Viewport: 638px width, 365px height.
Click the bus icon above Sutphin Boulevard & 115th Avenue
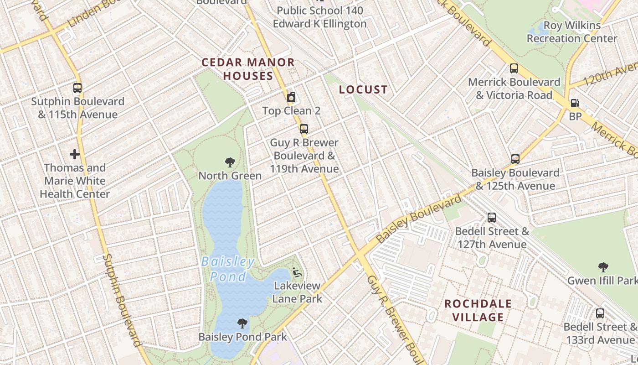[77, 88]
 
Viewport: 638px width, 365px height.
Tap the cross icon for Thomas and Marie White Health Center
[75, 154]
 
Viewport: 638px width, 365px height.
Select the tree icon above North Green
[230, 162]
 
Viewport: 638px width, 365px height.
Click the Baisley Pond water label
[228, 269]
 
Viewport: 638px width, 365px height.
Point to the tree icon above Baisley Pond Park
[242, 323]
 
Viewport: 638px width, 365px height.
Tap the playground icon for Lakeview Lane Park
[297, 272]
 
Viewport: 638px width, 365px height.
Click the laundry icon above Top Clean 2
[291, 97]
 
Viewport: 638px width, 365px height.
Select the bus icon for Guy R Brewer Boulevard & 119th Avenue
[304, 129]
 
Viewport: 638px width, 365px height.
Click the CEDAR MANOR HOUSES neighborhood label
[248, 69]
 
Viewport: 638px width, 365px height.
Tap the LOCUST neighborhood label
[363, 90]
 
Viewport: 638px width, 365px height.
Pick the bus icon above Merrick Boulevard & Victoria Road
[514, 68]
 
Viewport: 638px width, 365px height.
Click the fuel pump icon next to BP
[575, 104]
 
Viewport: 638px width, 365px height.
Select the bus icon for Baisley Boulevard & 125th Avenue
[515, 159]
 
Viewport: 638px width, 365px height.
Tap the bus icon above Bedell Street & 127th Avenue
[492, 218]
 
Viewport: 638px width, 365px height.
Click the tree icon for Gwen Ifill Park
[604, 267]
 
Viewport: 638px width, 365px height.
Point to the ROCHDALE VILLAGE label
[478, 310]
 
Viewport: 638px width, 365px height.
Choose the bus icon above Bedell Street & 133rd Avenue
[600, 313]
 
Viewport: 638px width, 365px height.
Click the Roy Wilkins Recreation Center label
[572, 32]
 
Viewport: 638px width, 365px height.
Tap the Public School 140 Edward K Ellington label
[320, 17]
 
